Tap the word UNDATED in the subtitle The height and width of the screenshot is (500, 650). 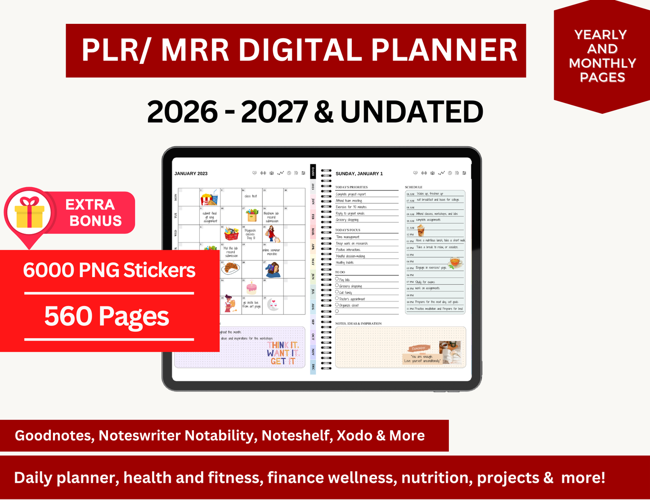412,112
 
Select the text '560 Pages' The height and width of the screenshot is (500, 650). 107,316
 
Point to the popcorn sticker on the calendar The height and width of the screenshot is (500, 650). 208,198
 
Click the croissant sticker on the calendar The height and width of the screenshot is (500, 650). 231,269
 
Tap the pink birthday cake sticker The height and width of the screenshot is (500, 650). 251,287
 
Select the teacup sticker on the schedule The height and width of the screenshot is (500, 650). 455,262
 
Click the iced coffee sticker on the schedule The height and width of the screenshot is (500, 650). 421,231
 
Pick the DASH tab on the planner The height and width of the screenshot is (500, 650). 313,171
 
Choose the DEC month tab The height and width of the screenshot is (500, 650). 313,367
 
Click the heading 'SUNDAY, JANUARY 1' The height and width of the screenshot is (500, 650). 359,174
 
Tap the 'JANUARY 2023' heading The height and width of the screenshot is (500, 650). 191,174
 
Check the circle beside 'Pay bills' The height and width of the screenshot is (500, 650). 337,279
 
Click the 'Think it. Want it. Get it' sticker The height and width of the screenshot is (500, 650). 282,353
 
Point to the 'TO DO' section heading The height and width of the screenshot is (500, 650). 340,272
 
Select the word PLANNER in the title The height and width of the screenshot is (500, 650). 444,50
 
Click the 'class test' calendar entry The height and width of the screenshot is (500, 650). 251,196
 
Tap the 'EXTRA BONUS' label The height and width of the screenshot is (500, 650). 94,212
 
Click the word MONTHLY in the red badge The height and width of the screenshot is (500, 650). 602,63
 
